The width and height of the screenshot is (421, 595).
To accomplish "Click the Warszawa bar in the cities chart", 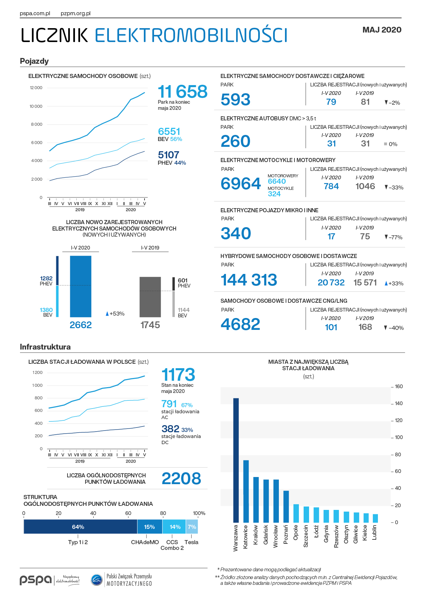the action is pos(236,460).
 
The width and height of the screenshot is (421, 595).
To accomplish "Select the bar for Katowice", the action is pos(246,491).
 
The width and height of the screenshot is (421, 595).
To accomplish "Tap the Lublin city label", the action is pos(375,533).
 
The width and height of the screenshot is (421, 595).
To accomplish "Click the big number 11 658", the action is pos(183,92).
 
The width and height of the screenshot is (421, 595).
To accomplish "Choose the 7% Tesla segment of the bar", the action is pos(192,527).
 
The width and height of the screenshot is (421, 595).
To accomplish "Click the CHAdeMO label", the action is pos(145,542).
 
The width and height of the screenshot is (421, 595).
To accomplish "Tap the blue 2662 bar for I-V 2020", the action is pos(81,286).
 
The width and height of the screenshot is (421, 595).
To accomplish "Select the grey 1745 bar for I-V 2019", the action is pos(150,297).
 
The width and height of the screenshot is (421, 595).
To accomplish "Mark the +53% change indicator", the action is pos(115,314).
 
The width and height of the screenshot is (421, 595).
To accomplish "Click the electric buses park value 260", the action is pos(235,141).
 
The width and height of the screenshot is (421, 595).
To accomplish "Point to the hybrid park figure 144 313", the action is pos(249,280).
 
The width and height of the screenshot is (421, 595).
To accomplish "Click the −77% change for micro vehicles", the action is pos(394,237).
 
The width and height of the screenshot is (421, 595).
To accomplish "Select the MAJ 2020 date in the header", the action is pos(382,30).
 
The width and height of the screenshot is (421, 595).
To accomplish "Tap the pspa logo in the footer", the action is pos(36,580).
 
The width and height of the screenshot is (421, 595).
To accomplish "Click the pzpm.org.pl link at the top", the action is pos(76,14).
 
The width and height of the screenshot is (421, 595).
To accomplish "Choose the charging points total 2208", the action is pos(181,478).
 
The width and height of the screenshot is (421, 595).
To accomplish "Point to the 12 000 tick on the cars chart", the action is pos(36,88).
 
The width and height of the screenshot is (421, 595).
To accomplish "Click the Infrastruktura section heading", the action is pos(45,347).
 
